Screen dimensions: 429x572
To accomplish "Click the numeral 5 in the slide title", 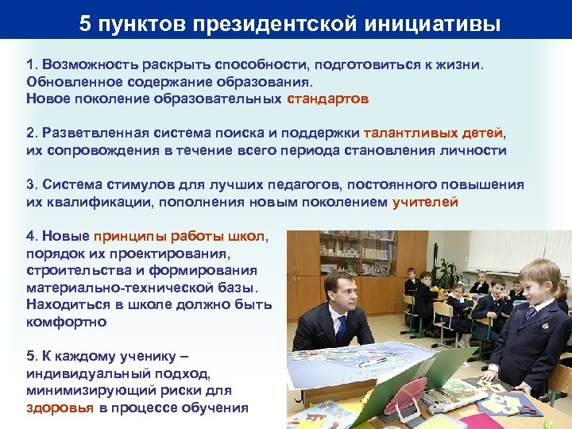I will pyautogui.click(x=85, y=24).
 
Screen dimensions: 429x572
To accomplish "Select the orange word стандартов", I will pyautogui.click(x=327, y=99).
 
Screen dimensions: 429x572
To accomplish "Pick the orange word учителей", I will pyautogui.click(x=425, y=202).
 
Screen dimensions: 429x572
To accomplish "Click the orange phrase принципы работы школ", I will pyautogui.click(x=180, y=236).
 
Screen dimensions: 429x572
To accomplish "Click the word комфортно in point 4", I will pyautogui.click(x=66, y=322).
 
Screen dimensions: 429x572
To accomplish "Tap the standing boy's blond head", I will pyautogui.click(x=539, y=274).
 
